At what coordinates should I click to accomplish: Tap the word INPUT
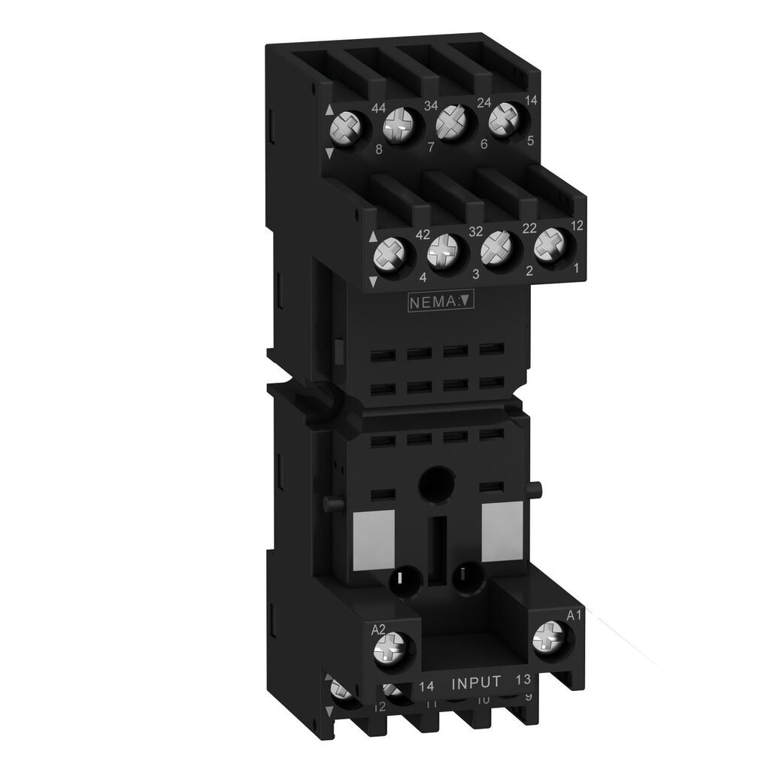475,683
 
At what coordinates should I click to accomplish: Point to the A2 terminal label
379,629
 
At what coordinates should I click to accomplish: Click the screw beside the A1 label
547,640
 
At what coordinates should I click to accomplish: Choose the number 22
529,228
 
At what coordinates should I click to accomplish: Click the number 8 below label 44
379,149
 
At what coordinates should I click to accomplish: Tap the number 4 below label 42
423,277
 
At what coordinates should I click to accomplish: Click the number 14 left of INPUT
426,685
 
